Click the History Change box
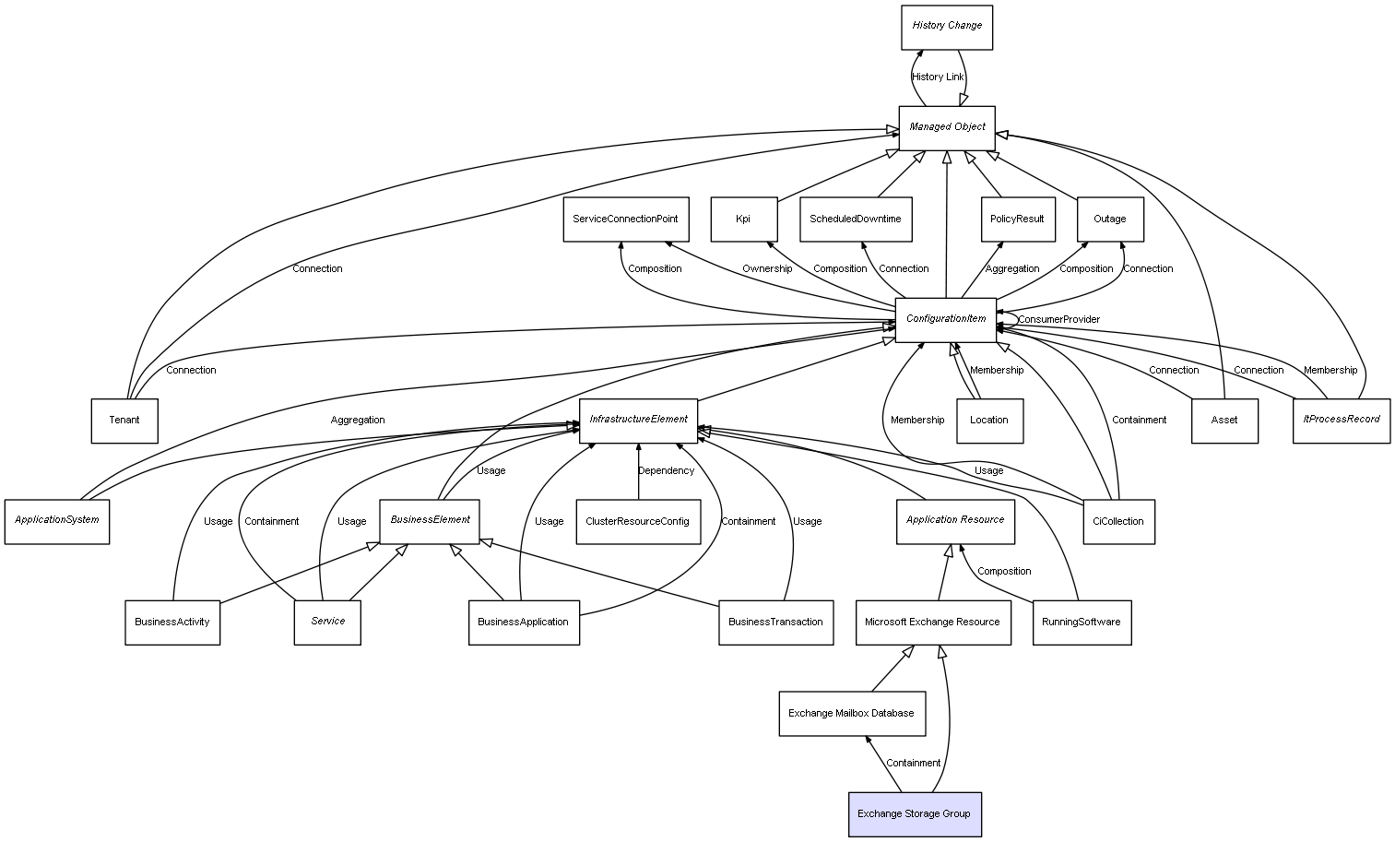pyautogui.click(x=947, y=27)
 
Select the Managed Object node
pyautogui.click(x=947, y=127)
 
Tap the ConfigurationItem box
pyautogui.click(x=946, y=319)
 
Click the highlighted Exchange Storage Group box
pyautogui.click(x=914, y=814)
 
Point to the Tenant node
pyautogui.click(x=124, y=421)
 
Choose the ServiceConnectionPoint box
pyautogui.click(x=625, y=219)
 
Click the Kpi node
pyautogui.click(x=743, y=219)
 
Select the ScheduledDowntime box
pyautogui.click(x=856, y=219)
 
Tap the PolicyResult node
pyautogui.click(x=1017, y=219)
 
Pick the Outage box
pyautogui.click(x=1110, y=219)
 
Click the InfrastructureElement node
pyautogui.click(x=638, y=420)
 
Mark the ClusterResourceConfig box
pyautogui.click(x=637, y=522)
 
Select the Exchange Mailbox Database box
pyautogui.click(x=851, y=714)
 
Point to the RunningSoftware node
pyautogui.click(x=1082, y=623)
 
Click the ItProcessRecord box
pyautogui.click(x=1341, y=420)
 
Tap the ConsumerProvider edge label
pyautogui.click(x=1058, y=320)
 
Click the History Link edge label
pyautogui.click(x=938, y=77)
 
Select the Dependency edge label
pyautogui.click(x=666, y=471)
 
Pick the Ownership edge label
pyautogui.click(x=767, y=269)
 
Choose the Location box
pyautogui.click(x=989, y=421)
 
